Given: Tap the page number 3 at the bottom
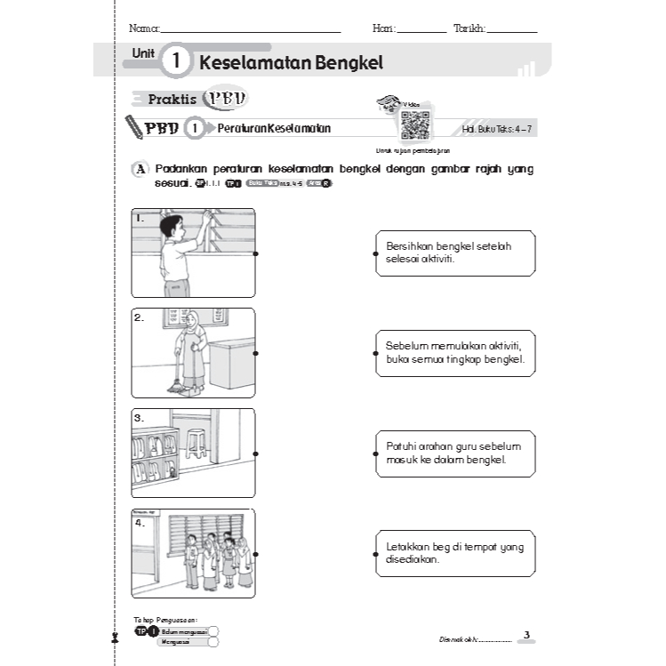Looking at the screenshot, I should click(526, 634).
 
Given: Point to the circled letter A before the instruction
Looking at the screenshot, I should click(139, 170).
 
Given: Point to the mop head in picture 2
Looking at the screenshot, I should click(178, 386).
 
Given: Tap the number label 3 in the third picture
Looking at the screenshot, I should click(140, 417).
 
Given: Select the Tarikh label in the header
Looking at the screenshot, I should click(469, 28).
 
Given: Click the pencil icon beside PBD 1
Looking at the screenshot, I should click(134, 127).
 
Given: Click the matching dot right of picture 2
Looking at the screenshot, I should click(256, 353).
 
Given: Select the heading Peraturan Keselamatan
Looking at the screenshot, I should click(274, 128).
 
